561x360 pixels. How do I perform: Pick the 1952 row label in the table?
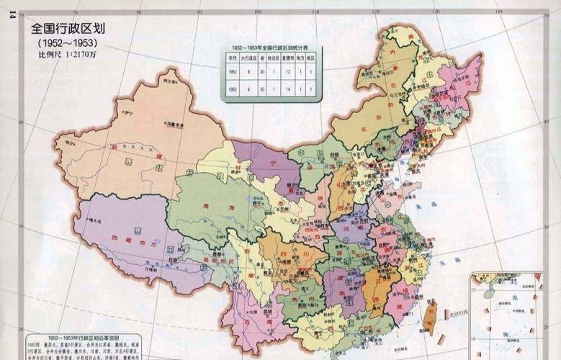click(233, 72)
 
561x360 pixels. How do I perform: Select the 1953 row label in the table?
click(233, 89)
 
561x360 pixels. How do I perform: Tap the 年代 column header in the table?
click(233, 57)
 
